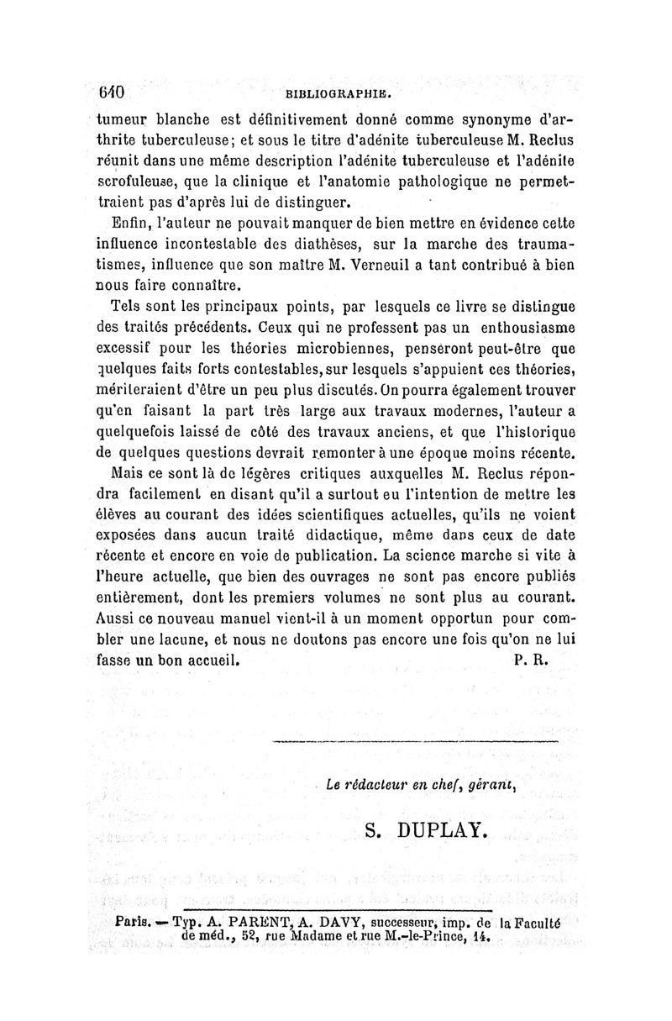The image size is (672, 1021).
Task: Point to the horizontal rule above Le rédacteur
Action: pos(417,743)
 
